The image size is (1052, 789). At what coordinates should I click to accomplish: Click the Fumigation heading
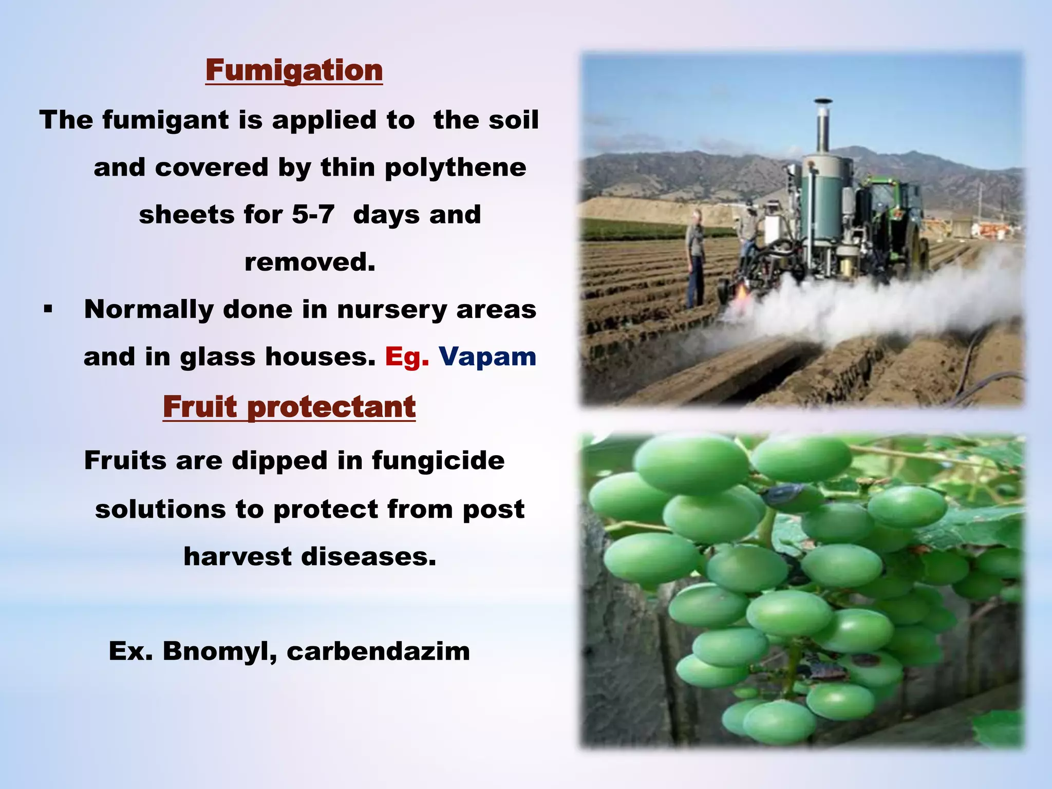[x=294, y=70]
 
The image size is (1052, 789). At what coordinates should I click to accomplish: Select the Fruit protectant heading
[x=289, y=407]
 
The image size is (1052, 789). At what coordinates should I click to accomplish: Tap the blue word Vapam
[x=487, y=356]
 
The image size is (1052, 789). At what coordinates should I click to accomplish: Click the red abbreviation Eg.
[x=406, y=356]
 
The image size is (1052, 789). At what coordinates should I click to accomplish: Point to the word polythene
[x=455, y=167]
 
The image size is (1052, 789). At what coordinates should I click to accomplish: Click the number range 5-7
[x=313, y=215]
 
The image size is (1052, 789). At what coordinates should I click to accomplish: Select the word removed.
[x=310, y=262]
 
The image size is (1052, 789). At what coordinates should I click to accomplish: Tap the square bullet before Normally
[x=48, y=310]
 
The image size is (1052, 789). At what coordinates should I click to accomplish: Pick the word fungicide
[x=438, y=460]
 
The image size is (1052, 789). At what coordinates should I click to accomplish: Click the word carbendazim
[x=378, y=651]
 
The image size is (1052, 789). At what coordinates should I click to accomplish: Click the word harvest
[x=238, y=556]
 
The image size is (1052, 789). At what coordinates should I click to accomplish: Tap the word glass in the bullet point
[x=217, y=356]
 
